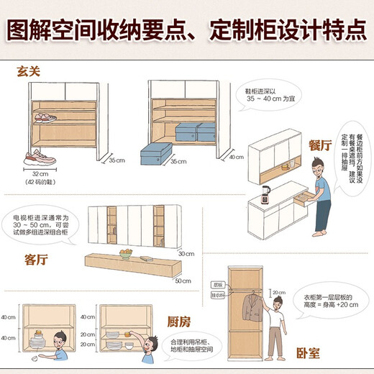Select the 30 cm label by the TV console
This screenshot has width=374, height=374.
tap(186, 253)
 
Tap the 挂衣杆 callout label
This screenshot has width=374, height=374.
tap(216, 293)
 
